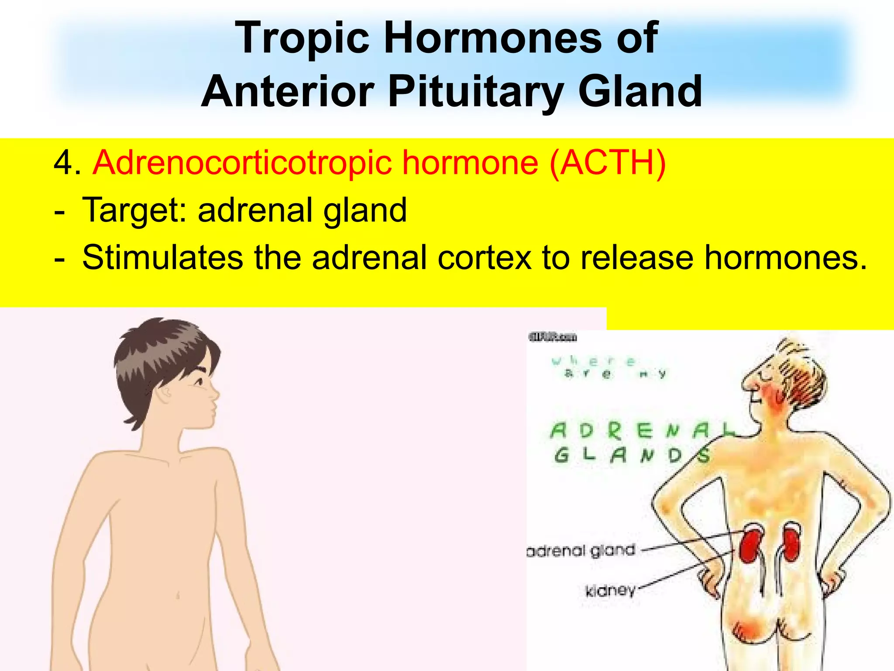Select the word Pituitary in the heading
pos(475,92)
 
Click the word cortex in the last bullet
pos(485,258)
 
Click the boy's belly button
pos(178,595)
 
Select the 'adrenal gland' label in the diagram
pos(581,550)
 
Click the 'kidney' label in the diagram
pos(610,591)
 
